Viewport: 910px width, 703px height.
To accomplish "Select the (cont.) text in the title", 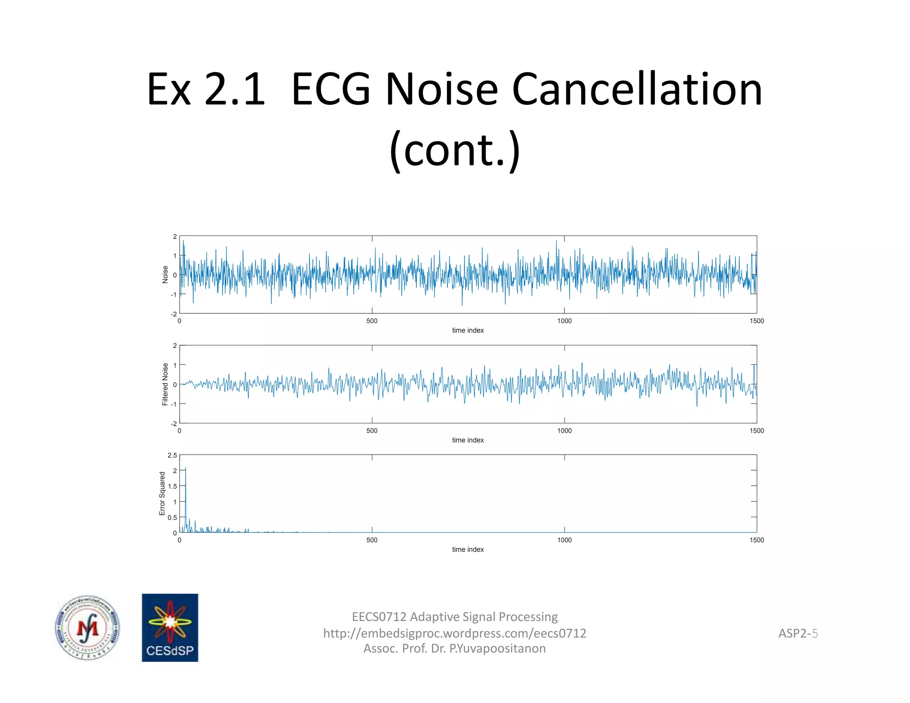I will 455,150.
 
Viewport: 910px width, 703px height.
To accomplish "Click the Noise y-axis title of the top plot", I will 165,275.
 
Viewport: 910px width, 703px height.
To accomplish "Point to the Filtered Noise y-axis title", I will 165,384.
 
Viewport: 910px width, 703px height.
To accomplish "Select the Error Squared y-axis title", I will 162,493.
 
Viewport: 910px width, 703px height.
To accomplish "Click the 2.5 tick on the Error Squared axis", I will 172,455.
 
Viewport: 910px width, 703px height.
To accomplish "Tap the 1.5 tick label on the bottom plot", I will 172,486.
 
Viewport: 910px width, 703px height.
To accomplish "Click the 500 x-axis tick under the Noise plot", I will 372,321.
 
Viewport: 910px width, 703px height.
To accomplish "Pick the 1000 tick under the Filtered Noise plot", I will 564,431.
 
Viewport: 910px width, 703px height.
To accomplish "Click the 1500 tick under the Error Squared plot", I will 756,540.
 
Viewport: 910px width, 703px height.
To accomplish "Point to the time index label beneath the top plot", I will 468,330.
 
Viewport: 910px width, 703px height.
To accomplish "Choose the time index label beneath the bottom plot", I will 468,550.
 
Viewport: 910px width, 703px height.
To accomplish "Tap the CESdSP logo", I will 170,627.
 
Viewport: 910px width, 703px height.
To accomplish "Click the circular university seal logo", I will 88,627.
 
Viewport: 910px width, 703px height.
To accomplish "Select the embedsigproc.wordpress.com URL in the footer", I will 455,633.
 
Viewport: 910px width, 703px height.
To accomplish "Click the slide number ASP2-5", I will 798,633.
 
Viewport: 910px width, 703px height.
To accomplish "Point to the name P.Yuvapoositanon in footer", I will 497,649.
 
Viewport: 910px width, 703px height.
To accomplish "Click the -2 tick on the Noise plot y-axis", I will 174,314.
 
